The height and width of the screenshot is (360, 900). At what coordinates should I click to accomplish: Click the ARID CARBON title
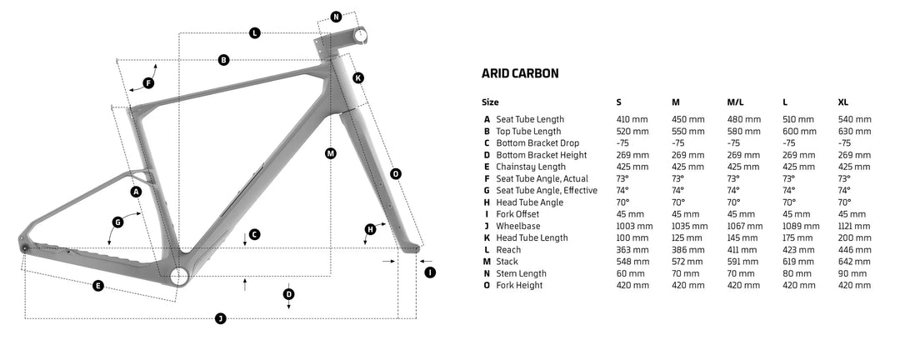[x=520, y=73]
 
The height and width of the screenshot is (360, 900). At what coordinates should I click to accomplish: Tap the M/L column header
[x=735, y=102]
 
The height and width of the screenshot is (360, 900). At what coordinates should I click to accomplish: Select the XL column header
[x=842, y=102]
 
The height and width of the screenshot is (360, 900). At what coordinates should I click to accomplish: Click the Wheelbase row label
[x=519, y=226]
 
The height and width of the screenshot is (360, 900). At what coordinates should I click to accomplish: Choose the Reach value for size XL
[x=853, y=250]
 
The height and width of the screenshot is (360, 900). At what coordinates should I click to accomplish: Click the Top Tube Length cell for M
[x=687, y=131]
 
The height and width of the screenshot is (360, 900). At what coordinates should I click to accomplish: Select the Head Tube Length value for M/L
[x=743, y=238]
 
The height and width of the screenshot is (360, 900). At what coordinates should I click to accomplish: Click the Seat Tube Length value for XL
[x=854, y=119]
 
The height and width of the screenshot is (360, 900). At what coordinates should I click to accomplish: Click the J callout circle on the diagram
[x=220, y=318]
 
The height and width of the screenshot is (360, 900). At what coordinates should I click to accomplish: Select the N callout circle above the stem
[x=336, y=17]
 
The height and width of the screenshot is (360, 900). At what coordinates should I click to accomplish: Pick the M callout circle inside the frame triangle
[x=330, y=153]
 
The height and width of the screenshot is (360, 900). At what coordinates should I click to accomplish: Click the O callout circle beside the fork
[x=395, y=173]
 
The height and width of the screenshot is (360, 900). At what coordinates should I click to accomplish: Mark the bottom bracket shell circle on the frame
[x=178, y=276]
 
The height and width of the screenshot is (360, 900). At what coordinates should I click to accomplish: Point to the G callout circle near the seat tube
[x=117, y=222]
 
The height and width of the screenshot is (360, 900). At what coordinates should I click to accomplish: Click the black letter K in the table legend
[x=486, y=238]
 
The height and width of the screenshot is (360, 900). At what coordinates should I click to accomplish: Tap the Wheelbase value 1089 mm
[x=799, y=226]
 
